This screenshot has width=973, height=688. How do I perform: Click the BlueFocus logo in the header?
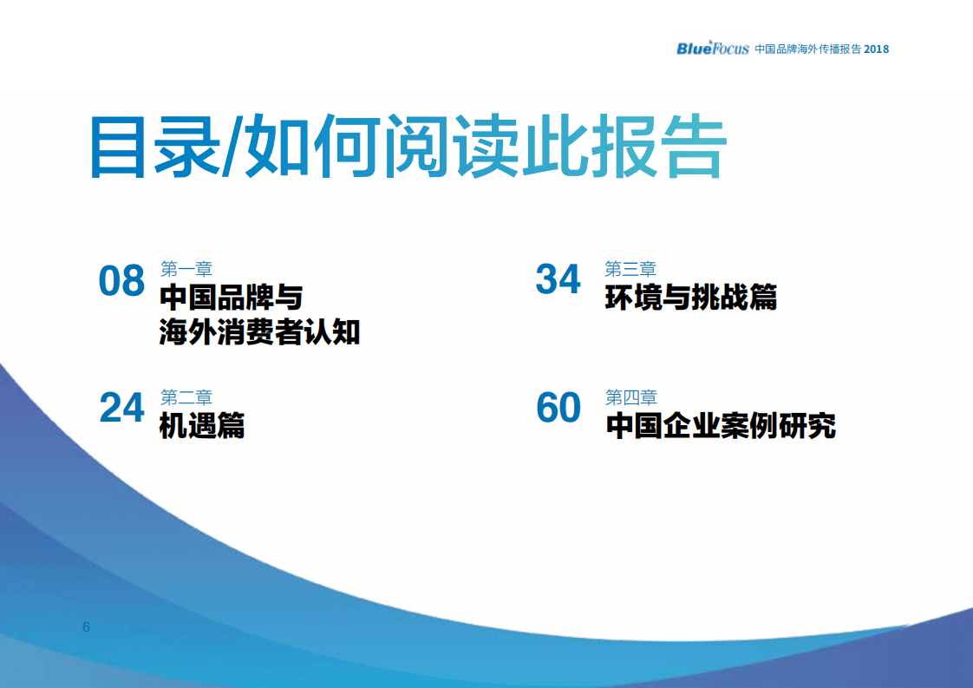point(712,48)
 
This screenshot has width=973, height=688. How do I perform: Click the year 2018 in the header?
point(876,49)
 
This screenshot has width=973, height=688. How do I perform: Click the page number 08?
point(121,281)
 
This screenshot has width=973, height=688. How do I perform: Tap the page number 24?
point(121,407)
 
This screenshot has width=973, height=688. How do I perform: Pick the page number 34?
point(558,279)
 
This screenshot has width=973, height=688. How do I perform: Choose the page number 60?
point(558,407)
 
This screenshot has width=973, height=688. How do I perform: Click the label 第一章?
point(186,269)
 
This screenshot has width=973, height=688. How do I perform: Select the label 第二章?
point(186,397)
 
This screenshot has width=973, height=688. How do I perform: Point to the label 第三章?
point(630,269)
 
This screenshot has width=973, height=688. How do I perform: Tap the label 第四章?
point(630,397)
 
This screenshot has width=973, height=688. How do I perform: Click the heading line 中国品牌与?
point(231,298)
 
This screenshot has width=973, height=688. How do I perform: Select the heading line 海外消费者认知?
point(259,331)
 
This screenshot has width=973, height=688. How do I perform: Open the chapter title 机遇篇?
point(202,426)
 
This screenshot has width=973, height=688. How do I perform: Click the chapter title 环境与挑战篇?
point(690,298)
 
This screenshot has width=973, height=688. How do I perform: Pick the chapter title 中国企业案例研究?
point(720,426)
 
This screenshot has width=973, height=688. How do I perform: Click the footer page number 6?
point(86,626)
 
